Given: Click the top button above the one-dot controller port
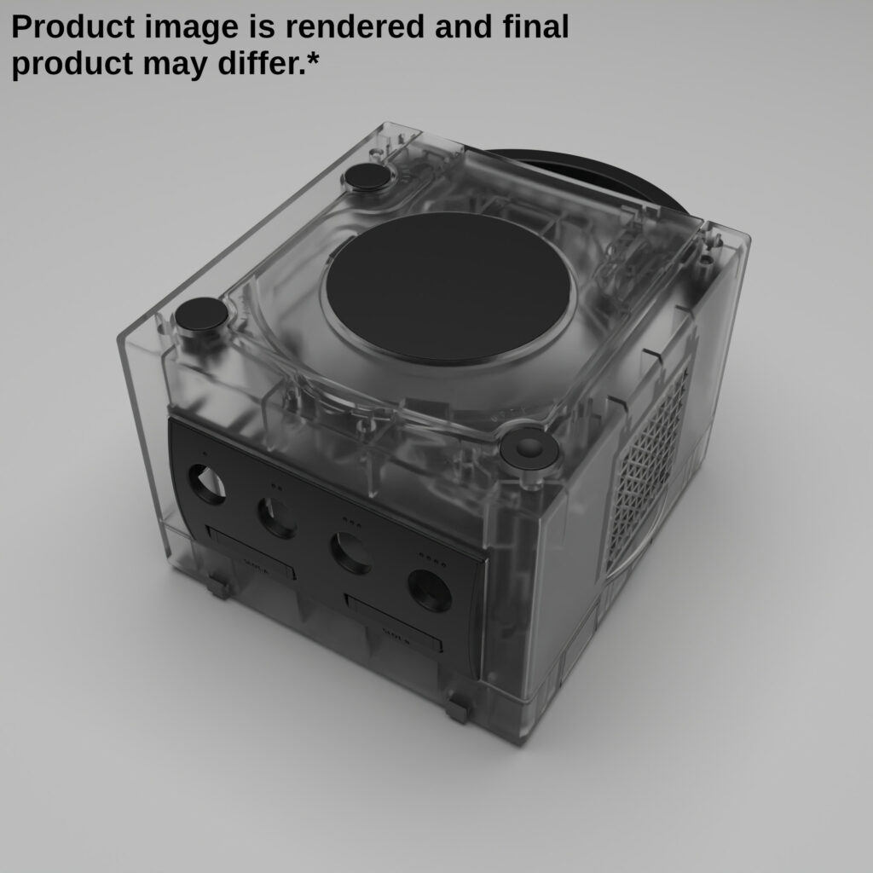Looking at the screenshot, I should click(202, 315).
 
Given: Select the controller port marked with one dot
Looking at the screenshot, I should click(207, 484).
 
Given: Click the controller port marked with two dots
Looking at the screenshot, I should click(277, 517).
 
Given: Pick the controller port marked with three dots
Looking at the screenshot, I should click(350, 552).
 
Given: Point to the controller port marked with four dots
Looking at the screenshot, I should click(430, 590).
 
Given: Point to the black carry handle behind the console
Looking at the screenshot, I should click(597, 175).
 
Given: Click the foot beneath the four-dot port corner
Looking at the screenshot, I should click(459, 707).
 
